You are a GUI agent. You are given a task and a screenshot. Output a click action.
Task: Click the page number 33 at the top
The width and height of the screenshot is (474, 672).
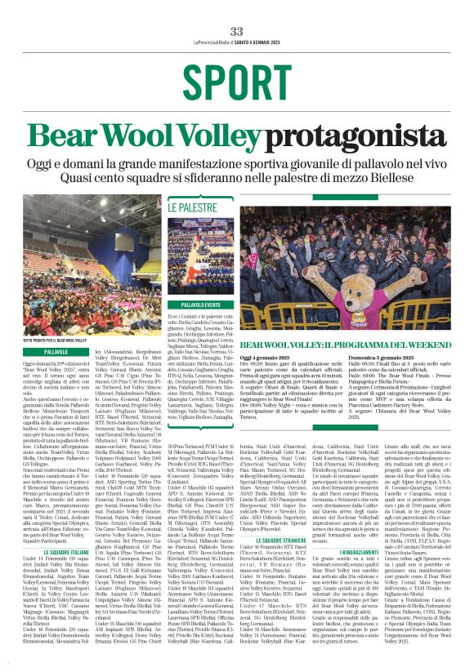[x=236, y=30]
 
